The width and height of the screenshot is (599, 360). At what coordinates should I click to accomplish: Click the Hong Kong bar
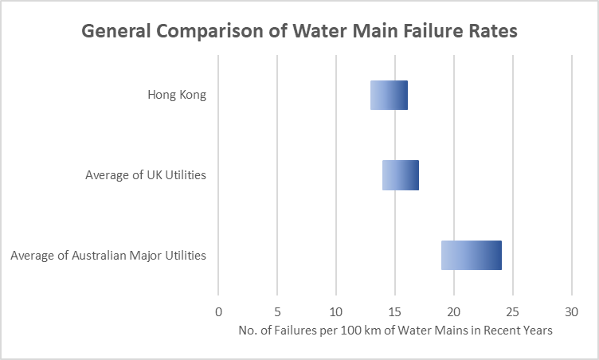(x=389, y=96)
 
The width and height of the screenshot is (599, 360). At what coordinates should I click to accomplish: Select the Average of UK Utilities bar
(x=401, y=175)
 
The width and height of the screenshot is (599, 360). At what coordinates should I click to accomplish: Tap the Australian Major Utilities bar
(x=472, y=255)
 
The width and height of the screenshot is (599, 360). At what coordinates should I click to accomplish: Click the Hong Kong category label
(x=177, y=96)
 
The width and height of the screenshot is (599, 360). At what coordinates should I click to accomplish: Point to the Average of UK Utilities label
(x=146, y=175)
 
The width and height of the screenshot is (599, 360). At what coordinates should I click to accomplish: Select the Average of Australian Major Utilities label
(x=108, y=256)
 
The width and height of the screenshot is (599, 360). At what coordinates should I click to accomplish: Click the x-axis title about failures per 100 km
(x=394, y=331)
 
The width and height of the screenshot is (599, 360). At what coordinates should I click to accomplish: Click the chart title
(x=299, y=32)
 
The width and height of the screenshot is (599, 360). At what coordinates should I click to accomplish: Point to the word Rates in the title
(x=491, y=32)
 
